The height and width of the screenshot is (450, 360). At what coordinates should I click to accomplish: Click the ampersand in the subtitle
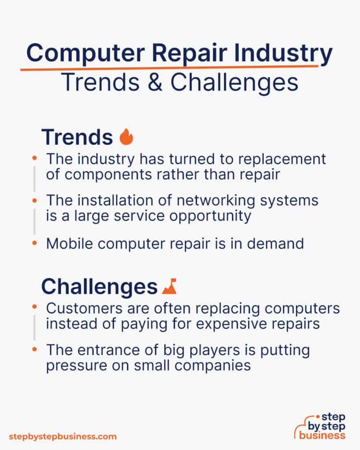coord(158,82)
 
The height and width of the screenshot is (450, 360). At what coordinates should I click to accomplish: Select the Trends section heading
coord(77,137)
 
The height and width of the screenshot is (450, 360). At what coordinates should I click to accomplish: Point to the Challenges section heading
coord(99,287)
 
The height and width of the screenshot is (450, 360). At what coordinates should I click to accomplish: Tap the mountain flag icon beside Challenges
coord(169,287)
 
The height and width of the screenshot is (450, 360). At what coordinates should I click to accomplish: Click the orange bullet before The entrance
coord(35,350)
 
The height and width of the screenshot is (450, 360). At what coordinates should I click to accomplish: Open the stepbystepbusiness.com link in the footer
coord(63,436)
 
